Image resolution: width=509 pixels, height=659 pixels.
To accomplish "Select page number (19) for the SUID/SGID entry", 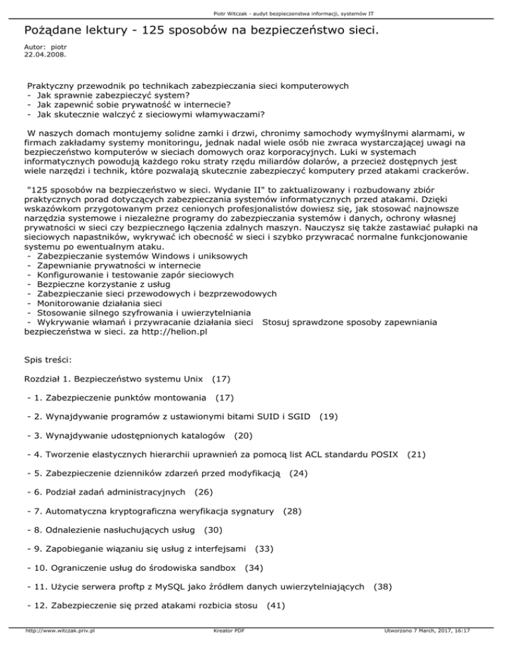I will coord(330,417).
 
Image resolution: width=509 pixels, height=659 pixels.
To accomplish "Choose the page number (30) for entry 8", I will coord(213,530).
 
